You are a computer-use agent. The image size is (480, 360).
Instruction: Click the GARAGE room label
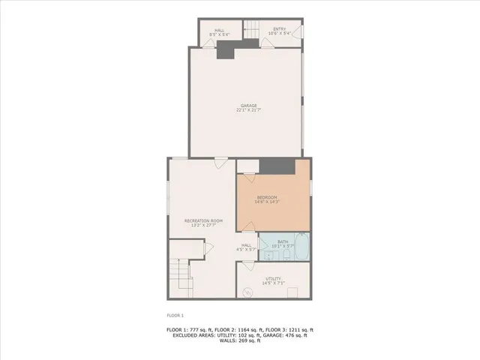click(x=248, y=105)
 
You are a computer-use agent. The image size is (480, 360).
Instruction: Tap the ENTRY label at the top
click(x=280, y=30)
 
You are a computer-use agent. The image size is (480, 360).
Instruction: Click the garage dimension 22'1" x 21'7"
click(x=248, y=110)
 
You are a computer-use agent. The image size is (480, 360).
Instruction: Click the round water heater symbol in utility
click(x=247, y=290)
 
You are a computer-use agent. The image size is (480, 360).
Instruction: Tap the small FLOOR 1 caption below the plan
click(x=175, y=316)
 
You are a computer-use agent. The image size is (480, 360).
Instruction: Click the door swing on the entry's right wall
click(x=298, y=32)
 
